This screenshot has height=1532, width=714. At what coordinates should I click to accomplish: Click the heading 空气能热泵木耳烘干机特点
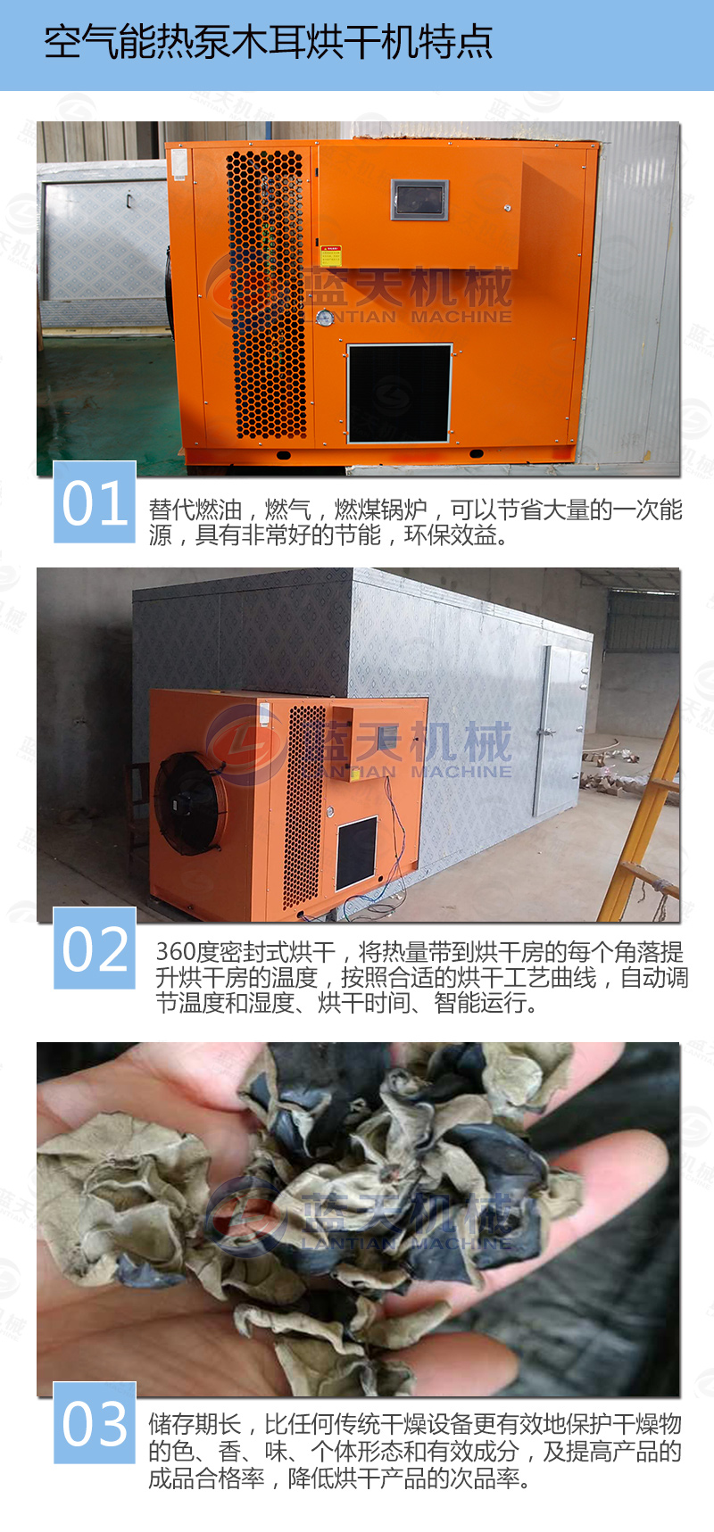(268, 43)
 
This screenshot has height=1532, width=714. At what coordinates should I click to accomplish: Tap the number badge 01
(95, 502)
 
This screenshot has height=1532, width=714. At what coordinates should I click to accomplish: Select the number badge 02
(95, 948)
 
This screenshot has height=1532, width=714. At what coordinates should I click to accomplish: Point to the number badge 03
(95, 1422)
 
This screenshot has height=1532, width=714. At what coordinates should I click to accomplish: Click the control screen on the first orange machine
(419, 199)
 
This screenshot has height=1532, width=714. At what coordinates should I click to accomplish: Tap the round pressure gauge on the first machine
(325, 318)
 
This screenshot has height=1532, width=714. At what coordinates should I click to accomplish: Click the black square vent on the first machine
(399, 393)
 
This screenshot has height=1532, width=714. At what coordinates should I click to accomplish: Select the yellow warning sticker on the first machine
(331, 256)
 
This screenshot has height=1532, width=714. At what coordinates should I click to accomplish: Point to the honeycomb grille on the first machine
(267, 294)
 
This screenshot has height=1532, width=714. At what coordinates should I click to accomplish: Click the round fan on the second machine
(190, 802)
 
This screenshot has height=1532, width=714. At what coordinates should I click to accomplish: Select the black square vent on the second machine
(356, 852)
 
